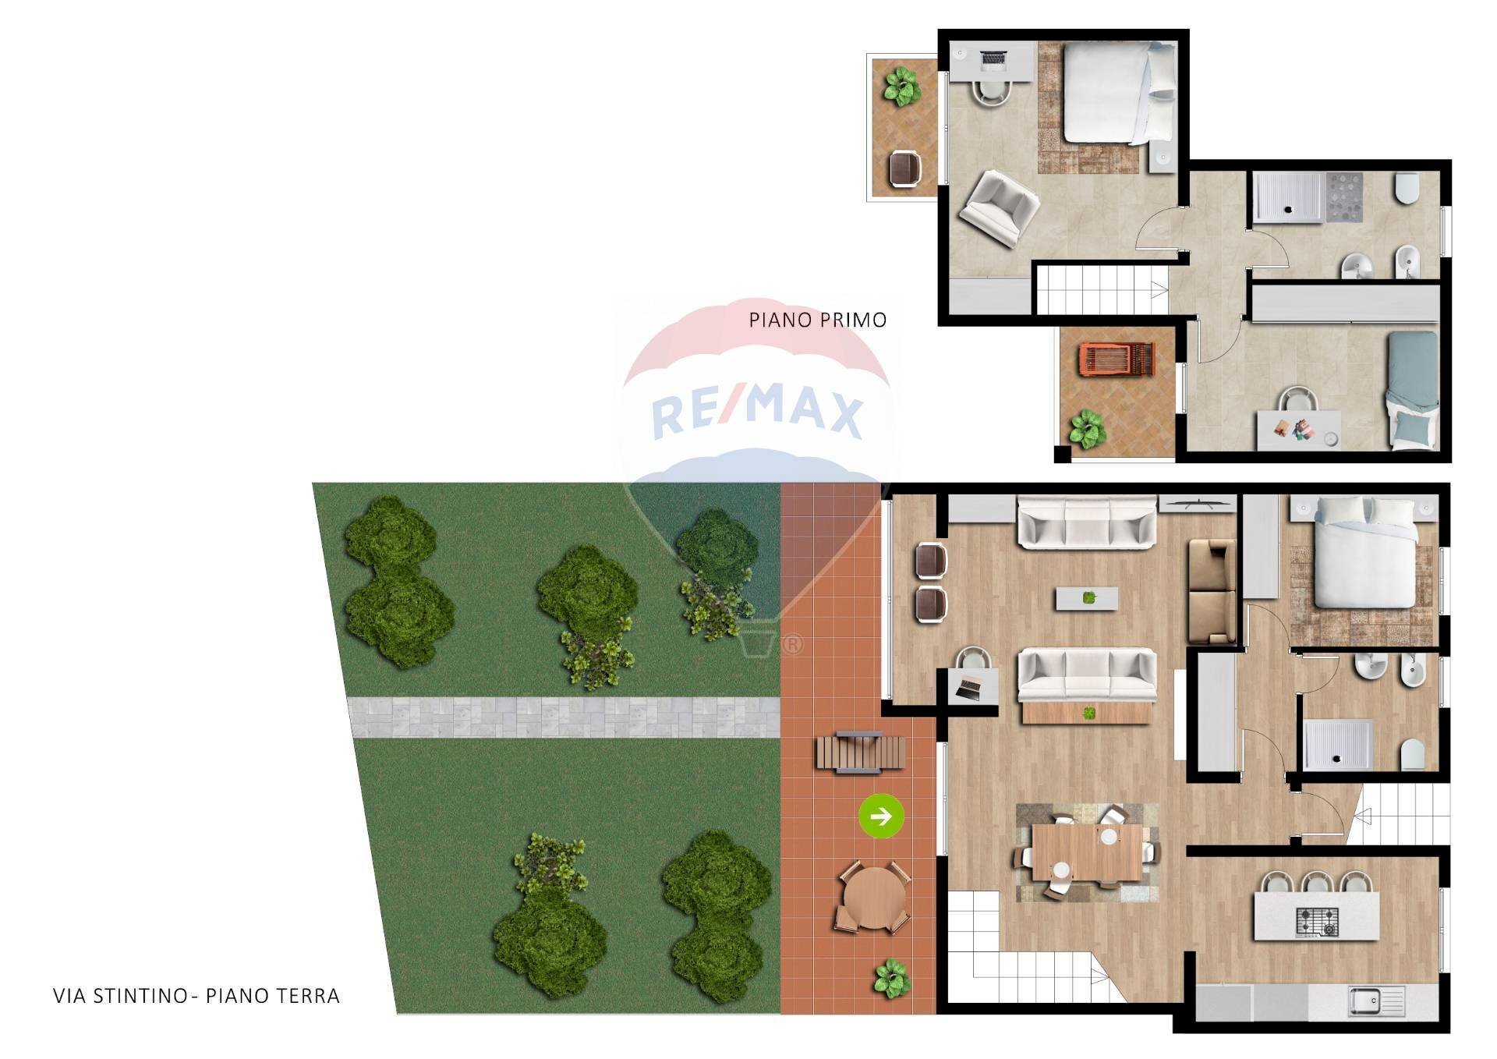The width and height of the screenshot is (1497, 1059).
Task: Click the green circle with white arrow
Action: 881,816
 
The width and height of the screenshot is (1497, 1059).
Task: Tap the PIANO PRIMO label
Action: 817,320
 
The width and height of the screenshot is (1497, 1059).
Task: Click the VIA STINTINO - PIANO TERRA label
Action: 196,996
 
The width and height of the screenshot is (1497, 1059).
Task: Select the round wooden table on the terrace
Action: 873,897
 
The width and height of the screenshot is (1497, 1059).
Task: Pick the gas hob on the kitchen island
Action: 1316,921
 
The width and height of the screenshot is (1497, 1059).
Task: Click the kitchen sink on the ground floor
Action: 1376,1001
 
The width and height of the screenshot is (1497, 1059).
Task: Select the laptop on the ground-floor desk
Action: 971,688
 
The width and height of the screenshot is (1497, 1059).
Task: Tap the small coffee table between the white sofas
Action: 1087,598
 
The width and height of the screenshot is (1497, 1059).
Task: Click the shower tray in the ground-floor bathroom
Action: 1336,744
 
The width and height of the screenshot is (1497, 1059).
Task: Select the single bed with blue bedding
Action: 1413,389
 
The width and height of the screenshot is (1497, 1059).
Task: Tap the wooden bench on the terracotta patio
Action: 860,752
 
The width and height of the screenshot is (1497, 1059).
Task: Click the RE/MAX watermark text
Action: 756,413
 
